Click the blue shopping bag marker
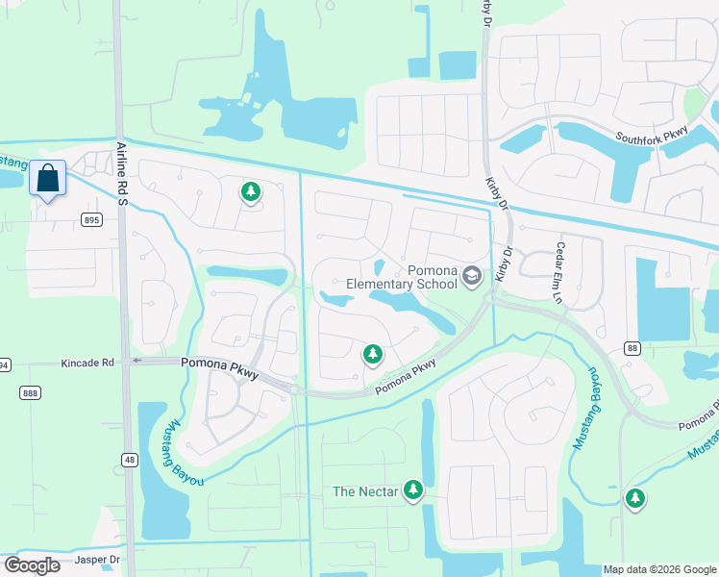click(x=47, y=178)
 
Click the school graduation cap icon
click(x=472, y=277)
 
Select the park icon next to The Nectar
click(x=413, y=491)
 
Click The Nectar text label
click(x=363, y=491)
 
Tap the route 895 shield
click(x=91, y=220)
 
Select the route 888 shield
click(x=29, y=392)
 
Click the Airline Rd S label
click(x=122, y=173)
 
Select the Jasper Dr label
click(x=101, y=558)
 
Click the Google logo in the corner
click(x=33, y=565)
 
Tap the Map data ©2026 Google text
click(x=659, y=569)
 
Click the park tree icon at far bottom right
click(x=634, y=498)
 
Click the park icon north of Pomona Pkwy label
click(x=372, y=355)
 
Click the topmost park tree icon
click(x=250, y=192)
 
